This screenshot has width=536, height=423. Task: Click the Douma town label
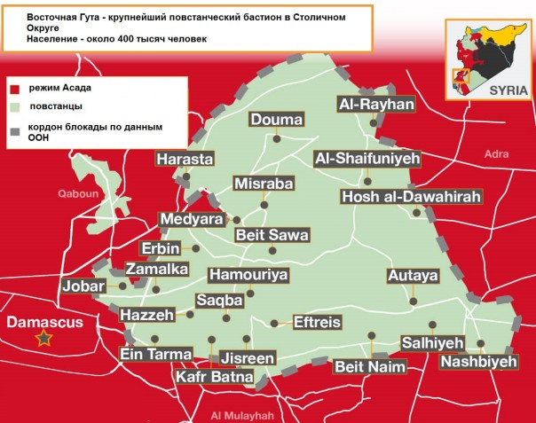coord(277,120)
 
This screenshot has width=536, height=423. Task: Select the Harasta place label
coord(185,160)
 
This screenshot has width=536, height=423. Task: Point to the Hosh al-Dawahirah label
coord(411,197)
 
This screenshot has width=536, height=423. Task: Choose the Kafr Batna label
coord(214,377)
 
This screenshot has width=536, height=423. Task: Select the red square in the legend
coord(15,89)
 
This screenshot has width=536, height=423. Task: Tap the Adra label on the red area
coord(496,154)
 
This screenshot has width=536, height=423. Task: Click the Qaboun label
coord(75,192)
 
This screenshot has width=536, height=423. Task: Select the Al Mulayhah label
coord(241,415)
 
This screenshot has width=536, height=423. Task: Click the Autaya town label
coord(413,276)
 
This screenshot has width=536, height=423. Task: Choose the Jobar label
coord(83,286)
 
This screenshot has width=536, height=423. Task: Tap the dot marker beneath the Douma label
coord(277,138)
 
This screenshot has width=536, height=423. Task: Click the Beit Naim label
coord(369,366)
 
